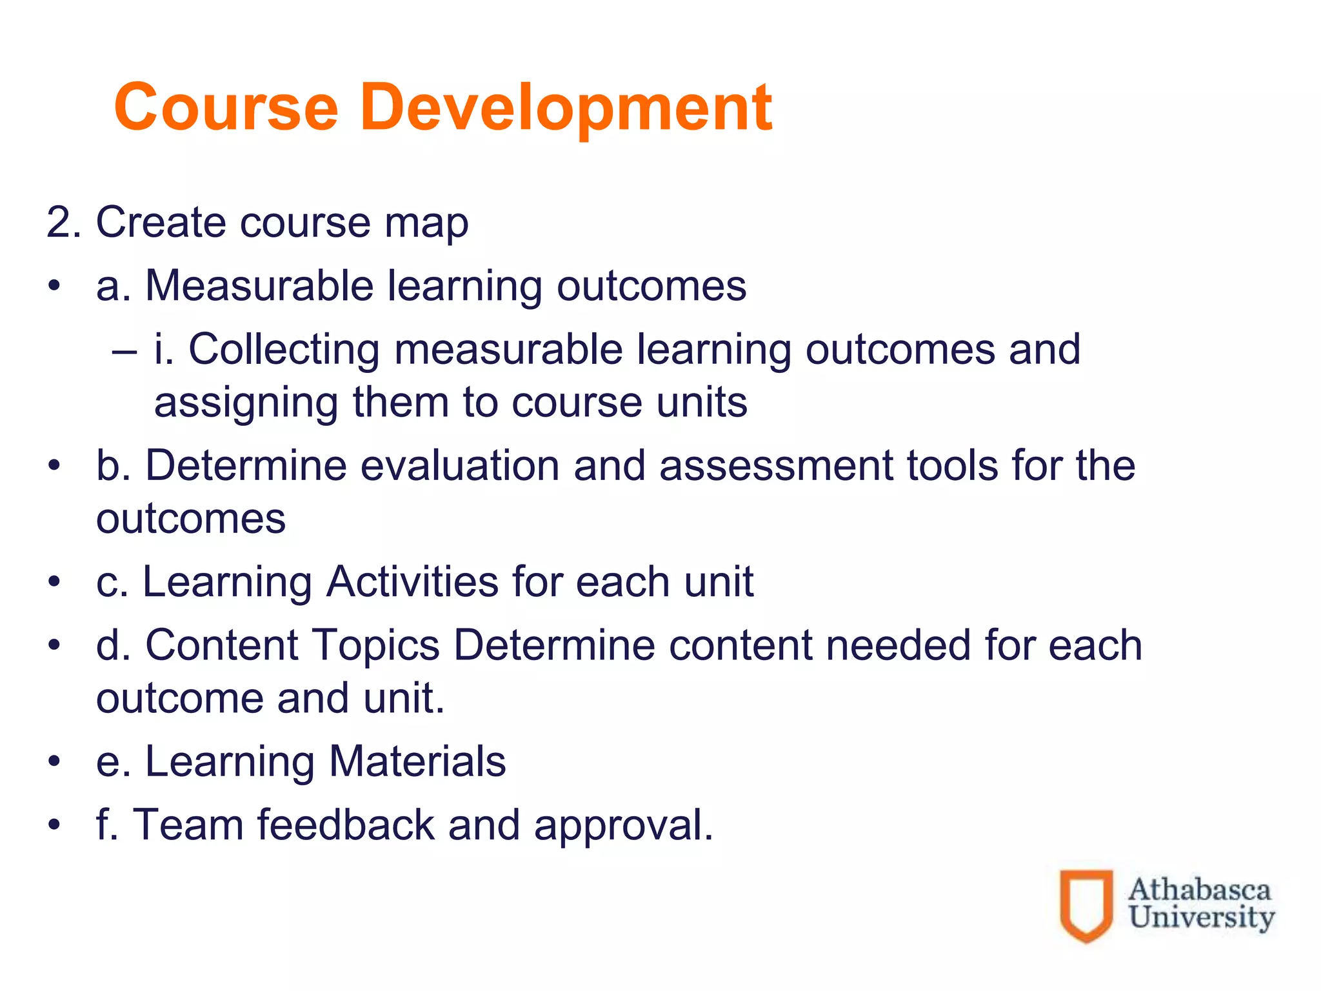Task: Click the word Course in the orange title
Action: (x=226, y=108)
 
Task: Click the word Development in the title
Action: (x=566, y=108)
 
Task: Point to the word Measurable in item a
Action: (x=259, y=286)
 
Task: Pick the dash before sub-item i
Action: (x=124, y=352)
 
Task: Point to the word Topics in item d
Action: (x=376, y=646)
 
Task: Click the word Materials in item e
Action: (x=417, y=762)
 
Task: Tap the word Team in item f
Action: (x=188, y=825)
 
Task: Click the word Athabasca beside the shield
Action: (x=1199, y=890)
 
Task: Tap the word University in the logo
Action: (x=1202, y=917)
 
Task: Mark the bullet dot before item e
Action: (x=55, y=762)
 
